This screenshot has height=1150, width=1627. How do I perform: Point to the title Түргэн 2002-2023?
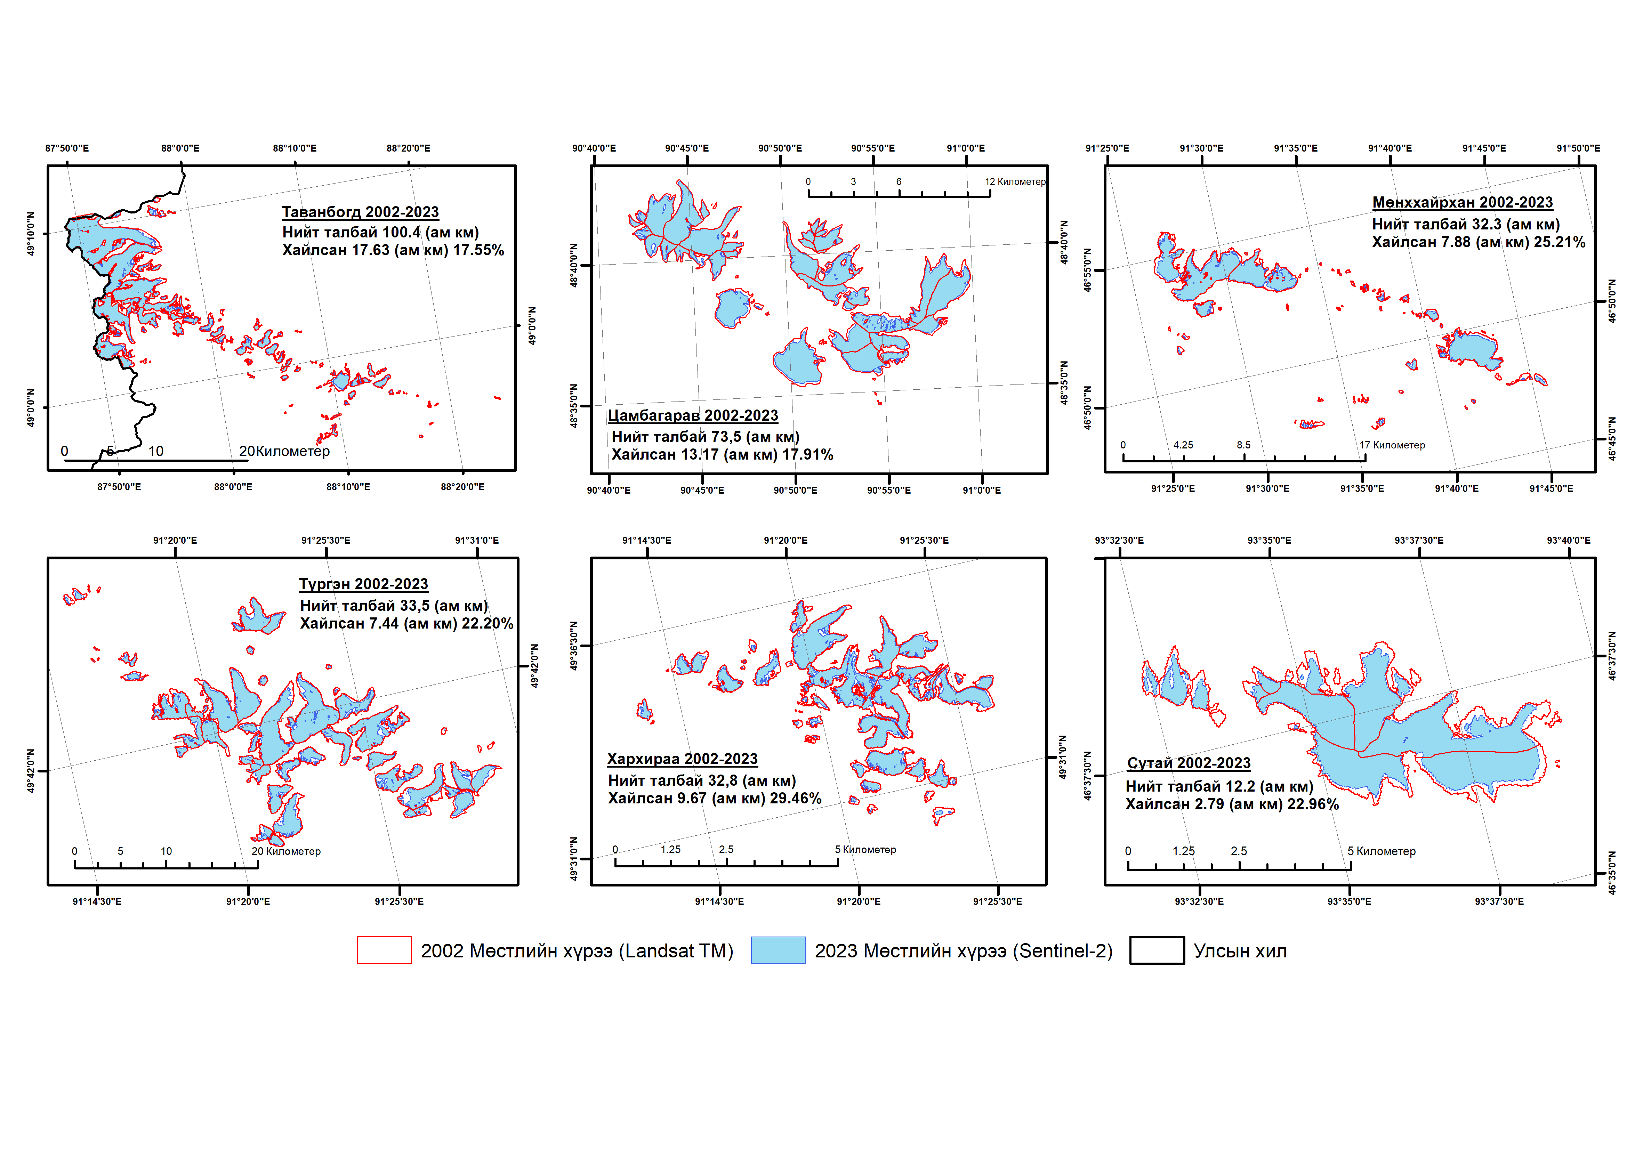coord(363,584)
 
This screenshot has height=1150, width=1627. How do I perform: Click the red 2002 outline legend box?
coord(384,950)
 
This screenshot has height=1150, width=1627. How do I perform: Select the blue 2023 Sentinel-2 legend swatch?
coord(778,950)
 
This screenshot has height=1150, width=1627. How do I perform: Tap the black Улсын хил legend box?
coord(1157,950)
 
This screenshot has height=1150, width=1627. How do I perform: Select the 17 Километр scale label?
coord(1392,445)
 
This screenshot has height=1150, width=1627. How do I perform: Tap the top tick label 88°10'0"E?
coord(295,148)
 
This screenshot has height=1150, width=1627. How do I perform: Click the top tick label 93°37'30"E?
coord(1419,540)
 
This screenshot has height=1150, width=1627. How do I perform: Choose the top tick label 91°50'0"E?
coord(1578,148)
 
